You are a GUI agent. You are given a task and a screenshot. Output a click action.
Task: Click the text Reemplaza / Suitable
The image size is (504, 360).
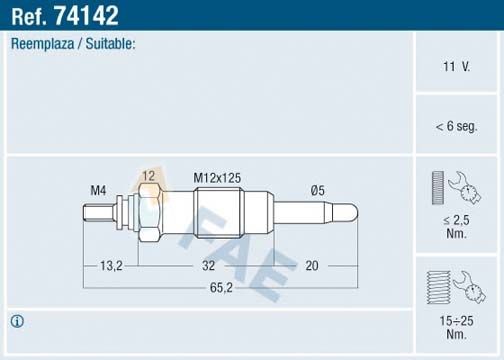(73, 45)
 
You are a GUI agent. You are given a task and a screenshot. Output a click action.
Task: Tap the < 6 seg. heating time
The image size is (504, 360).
(456, 126)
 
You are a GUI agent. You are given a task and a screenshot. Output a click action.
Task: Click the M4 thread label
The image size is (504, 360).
(98, 190)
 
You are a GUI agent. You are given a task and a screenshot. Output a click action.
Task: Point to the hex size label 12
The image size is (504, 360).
(148, 176)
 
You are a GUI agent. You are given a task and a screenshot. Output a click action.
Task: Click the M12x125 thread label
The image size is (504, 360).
(217, 177)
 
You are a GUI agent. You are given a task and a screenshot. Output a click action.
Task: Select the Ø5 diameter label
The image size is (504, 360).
(318, 190)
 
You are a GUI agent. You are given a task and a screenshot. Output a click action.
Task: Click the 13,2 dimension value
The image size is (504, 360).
(111, 266)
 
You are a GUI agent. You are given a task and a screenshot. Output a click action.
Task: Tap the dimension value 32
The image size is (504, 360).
(208, 266)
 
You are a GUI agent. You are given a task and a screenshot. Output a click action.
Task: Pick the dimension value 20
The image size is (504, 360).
(310, 266)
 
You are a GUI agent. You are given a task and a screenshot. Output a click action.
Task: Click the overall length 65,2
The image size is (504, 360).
(221, 287)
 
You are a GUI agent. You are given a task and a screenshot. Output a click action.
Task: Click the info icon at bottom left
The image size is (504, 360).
(17, 321)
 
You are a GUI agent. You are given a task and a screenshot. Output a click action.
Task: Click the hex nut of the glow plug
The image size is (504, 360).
(148, 212)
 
